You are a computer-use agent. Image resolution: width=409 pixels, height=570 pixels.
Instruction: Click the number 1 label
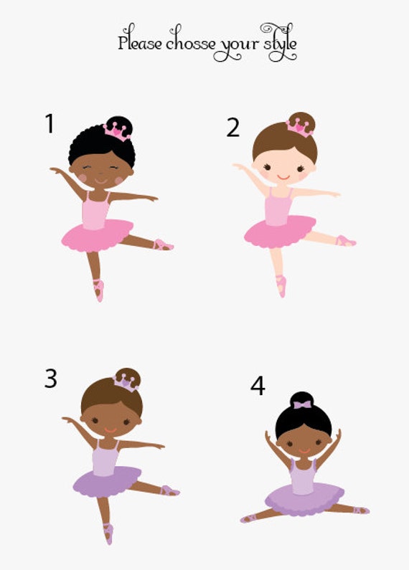[50, 123]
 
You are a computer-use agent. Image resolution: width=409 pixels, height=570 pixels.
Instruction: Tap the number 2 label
[232, 127]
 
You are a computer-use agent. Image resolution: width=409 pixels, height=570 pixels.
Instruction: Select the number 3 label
[50, 378]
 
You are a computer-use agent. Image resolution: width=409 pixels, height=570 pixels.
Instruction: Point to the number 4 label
[258, 386]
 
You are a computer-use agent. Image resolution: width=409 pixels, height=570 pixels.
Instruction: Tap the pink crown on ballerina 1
[117, 130]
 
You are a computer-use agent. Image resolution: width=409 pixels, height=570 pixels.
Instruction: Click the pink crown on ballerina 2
[299, 127]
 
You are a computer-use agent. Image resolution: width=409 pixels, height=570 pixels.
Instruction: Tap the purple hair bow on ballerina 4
[302, 404]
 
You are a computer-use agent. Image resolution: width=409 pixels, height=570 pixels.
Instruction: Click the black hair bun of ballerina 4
[302, 398]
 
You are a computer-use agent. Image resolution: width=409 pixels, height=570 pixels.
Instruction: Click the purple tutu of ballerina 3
[107, 480]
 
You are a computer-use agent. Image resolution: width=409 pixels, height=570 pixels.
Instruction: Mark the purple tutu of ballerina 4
[304, 498]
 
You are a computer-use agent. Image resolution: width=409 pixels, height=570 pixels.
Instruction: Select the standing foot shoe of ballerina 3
[108, 533]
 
